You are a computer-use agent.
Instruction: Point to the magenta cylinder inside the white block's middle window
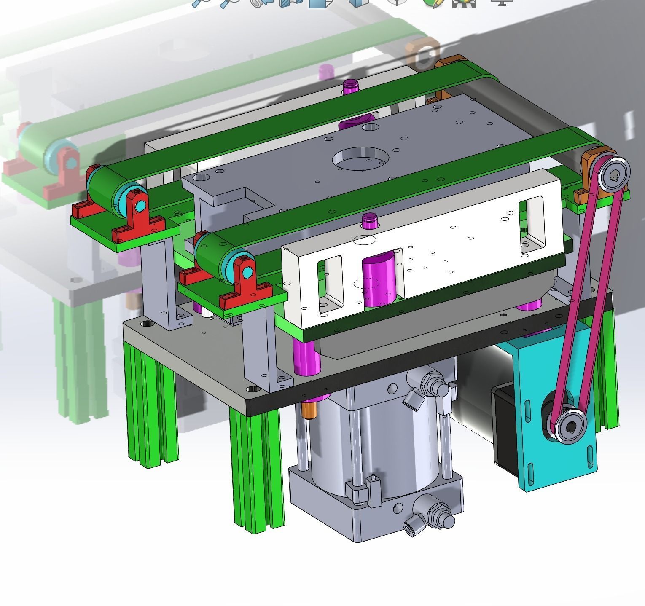[x=378, y=280]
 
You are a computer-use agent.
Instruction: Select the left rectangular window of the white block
[x=331, y=284]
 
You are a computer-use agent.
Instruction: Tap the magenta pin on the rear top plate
[x=350, y=86]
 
